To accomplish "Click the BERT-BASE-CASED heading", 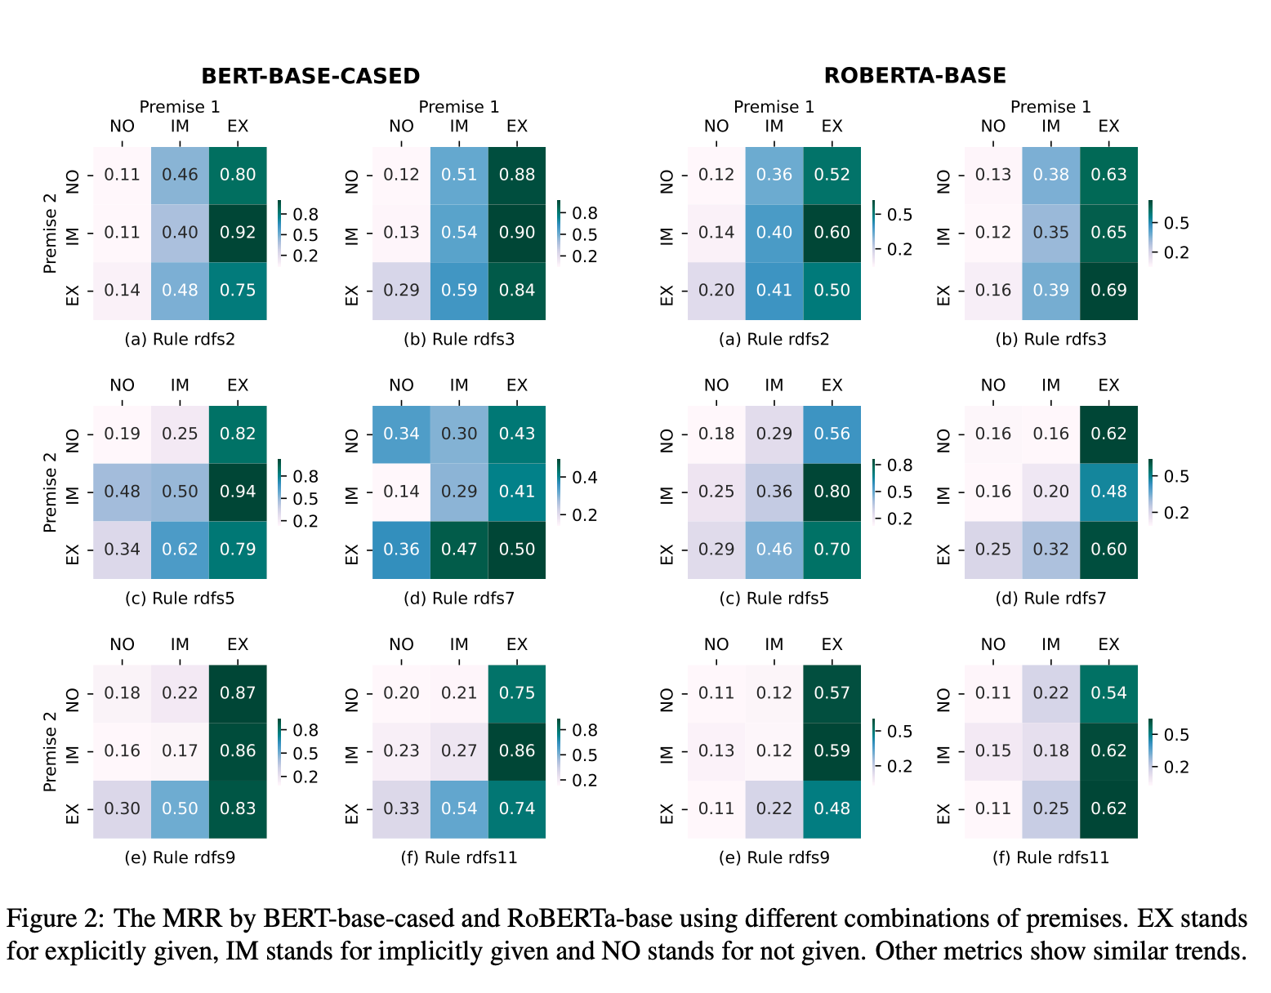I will click(x=310, y=76).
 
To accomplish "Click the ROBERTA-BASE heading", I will click(x=915, y=76).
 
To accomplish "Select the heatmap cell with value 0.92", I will click(x=238, y=233).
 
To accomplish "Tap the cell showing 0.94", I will click(x=238, y=492).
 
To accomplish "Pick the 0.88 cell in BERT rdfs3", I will click(x=517, y=175).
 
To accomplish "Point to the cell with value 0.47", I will click(x=459, y=550).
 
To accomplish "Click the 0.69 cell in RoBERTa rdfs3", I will click(x=1108, y=291).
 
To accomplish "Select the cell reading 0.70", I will click(x=832, y=550).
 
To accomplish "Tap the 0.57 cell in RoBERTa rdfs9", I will click(x=832, y=693).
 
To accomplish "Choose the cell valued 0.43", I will click(x=517, y=434).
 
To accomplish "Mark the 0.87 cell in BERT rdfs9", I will click(x=238, y=693).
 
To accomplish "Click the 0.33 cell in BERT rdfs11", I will click(x=401, y=808).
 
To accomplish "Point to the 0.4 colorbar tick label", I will click(x=585, y=478).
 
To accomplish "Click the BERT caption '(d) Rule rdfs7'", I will click(x=459, y=599).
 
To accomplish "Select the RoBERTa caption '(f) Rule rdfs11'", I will click(x=1050, y=857).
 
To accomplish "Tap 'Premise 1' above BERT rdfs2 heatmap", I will click(x=180, y=107).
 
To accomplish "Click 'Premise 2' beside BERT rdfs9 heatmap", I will click(x=51, y=751).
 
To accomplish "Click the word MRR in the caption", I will click(x=192, y=919).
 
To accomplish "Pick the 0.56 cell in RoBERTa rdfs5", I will click(x=832, y=434).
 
